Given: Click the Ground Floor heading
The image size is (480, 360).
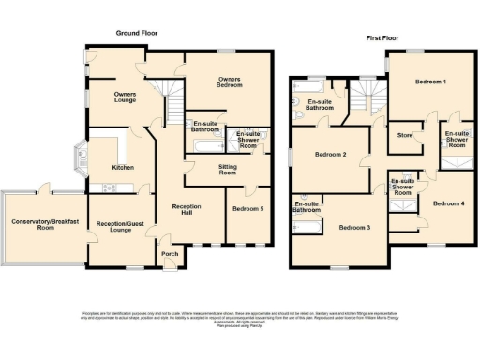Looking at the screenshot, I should tap(137, 33).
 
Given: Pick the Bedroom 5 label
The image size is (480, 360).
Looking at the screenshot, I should tap(247, 209).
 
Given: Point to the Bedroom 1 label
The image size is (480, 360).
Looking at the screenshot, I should tap(430, 82).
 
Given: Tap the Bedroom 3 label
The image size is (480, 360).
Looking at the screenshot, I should tap(355, 228).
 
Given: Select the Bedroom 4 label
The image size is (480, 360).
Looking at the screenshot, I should tap(447, 202).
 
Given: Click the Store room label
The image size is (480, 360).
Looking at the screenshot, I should tap(405, 135).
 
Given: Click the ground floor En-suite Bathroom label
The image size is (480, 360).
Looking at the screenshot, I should tap(207, 126).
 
